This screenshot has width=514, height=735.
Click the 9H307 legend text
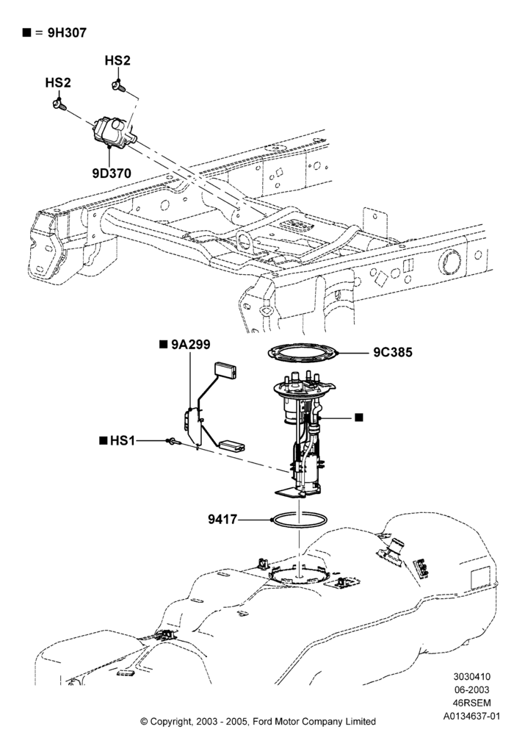(x=67, y=33)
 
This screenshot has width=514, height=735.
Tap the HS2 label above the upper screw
(x=117, y=60)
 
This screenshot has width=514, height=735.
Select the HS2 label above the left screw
(x=58, y=82)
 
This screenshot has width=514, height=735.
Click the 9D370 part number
(x=112, y=173)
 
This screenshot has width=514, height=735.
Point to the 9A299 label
(x=190, y=345)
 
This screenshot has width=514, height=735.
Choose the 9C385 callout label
(x=393, y=352)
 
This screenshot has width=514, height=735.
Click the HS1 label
(x=122, y=440)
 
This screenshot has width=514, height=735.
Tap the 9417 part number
(x=222, y=520)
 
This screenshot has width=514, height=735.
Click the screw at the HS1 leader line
(x=173, y=442)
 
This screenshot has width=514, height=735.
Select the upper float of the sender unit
(x=225, y=370)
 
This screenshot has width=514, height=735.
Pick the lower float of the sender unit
(x=232, y=445)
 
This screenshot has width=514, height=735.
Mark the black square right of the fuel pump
(x=359, y=417)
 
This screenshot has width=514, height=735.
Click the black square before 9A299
(x=163, y=345)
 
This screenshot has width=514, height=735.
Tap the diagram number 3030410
(x=471, y=676)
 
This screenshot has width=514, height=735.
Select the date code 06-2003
(x=471, y=689)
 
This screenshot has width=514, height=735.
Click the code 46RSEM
(x=471, y=703)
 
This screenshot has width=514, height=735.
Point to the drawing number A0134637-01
(x=471, y=716)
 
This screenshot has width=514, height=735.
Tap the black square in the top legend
(x=26, y=33)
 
